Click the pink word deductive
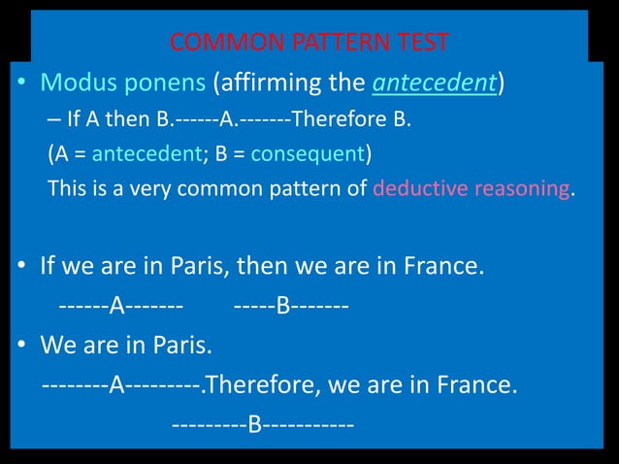pyautogui.click(x=418, y=186)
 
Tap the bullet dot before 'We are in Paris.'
pyautogui.click(x=20, y=346)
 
